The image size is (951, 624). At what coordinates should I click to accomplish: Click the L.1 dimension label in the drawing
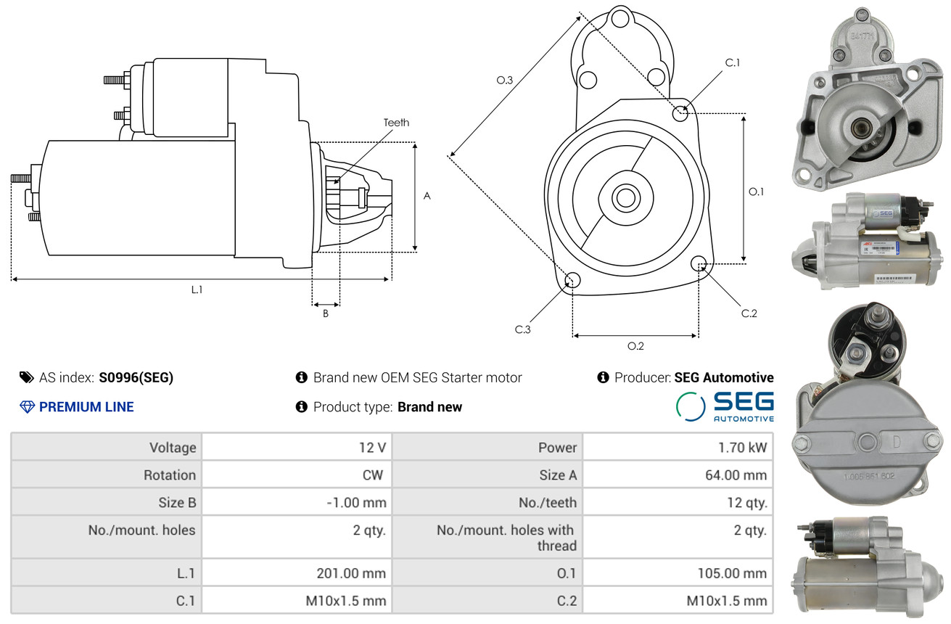(x=197, y=290)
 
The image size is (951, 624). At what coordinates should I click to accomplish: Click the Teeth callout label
(x=396, y=123)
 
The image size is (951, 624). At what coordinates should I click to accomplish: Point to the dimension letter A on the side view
(x=427, y=196)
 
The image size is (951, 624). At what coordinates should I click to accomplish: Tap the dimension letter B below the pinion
(x=326, y=314)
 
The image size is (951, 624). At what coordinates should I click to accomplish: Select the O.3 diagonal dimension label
(x=505, y=81)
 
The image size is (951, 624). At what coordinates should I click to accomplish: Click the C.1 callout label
(x=733, y=62)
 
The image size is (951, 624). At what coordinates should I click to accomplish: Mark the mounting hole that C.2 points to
(x=699, y=263)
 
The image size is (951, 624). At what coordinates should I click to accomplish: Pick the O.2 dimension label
(x=635, y=346)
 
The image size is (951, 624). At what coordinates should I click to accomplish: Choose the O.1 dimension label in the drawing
(x=756, y=192)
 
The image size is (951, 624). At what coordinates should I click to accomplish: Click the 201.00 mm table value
(x=351, y=573)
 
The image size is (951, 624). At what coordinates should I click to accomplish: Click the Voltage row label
(x=173, y=448)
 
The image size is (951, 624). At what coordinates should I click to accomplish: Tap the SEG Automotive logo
(x=725, y=406)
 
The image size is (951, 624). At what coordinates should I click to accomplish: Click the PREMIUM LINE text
(x=86, y=407)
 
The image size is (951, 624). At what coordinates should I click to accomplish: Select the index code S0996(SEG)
(x=136, y=377)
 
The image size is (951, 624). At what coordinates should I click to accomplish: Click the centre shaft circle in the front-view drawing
(x=624, y=197)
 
